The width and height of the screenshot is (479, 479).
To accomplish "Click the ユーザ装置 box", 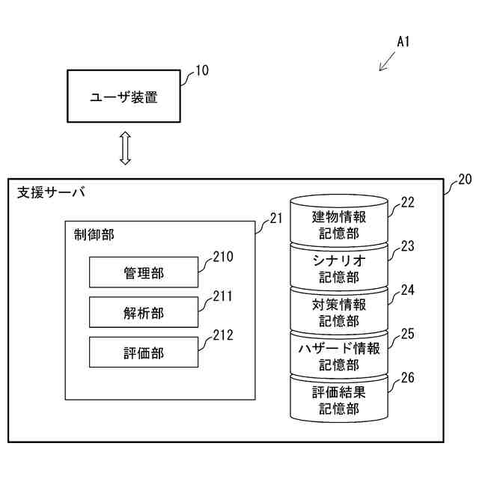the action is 123,97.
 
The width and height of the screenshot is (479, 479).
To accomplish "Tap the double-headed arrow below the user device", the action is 125,148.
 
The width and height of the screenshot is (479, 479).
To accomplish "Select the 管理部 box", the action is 144,272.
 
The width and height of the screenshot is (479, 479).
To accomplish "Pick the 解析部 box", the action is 144,312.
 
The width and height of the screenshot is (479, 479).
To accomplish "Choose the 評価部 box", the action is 144,353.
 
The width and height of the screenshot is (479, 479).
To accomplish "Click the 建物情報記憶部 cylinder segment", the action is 339,221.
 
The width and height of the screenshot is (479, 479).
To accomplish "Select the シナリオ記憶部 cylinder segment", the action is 339,268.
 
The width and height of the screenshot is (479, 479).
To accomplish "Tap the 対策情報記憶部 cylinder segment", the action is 339,311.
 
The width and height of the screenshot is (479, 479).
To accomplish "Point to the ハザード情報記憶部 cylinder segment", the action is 339,356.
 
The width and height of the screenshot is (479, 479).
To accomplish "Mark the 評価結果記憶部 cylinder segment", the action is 339,399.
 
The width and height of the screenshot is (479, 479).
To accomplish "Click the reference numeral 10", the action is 202,70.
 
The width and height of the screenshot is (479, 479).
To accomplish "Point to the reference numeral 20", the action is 465,180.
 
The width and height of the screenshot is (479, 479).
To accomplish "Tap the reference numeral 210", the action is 223,257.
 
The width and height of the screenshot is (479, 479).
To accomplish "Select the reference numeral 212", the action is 223,335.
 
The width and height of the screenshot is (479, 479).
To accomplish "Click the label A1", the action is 403,42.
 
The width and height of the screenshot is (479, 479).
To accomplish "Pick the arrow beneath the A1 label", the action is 387,61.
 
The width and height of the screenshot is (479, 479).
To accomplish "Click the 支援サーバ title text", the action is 51,192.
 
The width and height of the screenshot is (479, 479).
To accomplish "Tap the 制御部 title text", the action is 94,234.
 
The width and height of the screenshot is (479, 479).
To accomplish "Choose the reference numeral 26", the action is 407,378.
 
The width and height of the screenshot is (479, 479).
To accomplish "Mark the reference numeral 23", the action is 407,246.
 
